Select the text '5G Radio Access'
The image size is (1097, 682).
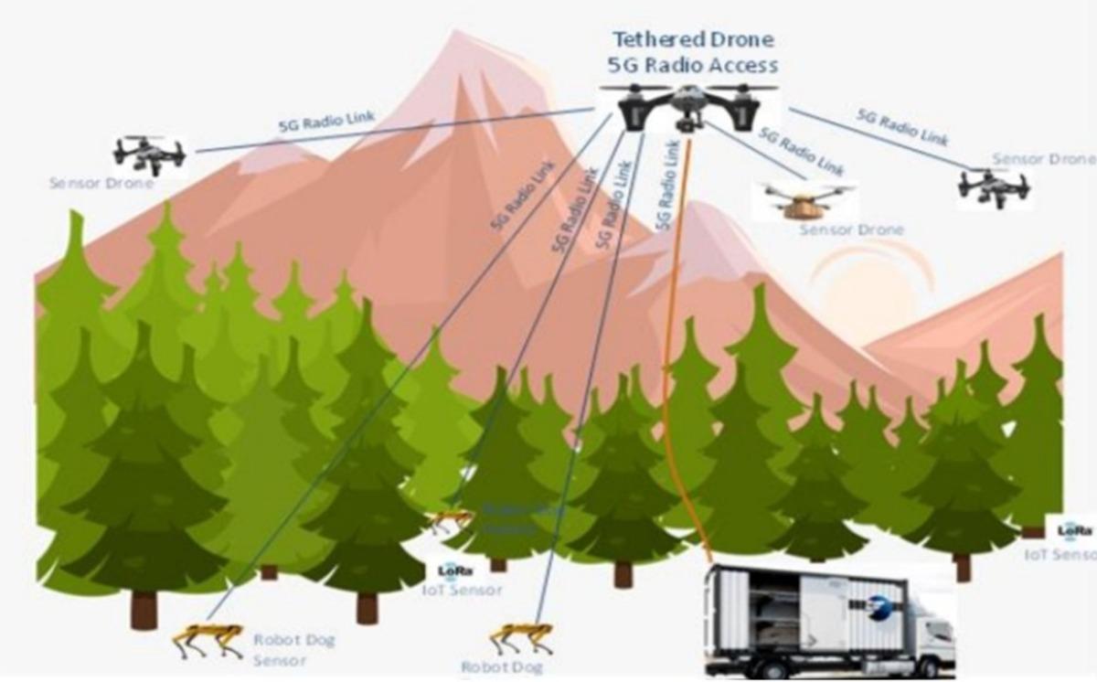(x=693, y=65)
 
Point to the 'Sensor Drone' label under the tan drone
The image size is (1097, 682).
(x=851, y=229)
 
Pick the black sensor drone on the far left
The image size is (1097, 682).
(x=149, y=155)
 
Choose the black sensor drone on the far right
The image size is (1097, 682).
(x=994, y=187)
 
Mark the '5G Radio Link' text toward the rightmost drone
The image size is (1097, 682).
(x=901, y=127)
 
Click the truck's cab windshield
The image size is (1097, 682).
(x=940, y=629)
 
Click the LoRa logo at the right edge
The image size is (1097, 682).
(x=1074, y=530)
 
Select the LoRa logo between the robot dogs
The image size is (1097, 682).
(x=454, y=570)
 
